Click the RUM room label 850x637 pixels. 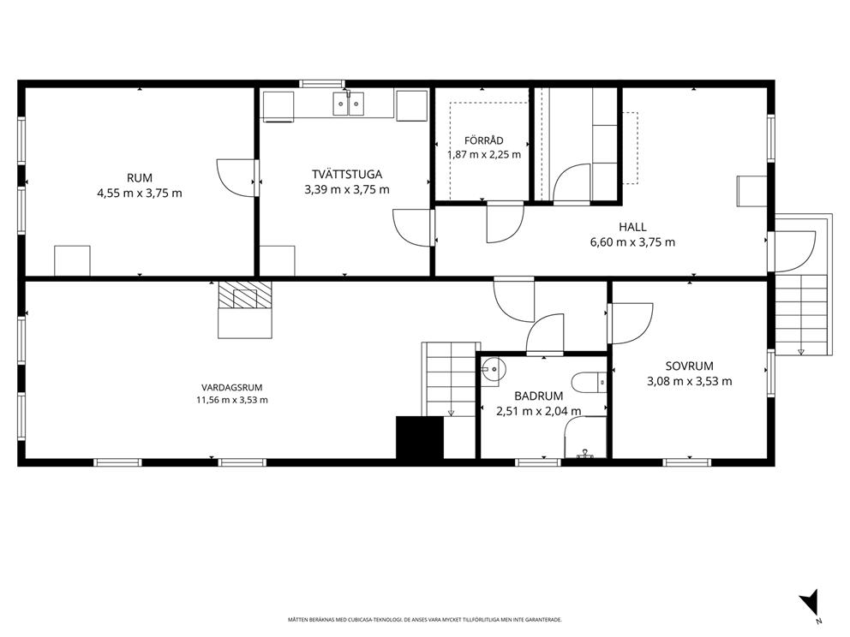[x=140, y=178]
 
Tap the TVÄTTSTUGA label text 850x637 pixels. [x=347, y=174]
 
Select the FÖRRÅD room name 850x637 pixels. [x=483, y=140]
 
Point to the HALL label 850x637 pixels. [x=632, y=227]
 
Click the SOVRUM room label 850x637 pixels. [x=690, y=366]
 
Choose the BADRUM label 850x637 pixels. [x=539, y=396]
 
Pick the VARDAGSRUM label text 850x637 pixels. [x=232, y=387]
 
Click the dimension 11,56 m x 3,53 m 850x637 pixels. [x=232, y=401]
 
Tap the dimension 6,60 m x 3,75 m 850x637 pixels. [x=632, y=242]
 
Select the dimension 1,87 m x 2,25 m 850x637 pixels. [x=483, y=154]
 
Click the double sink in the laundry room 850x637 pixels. [x=348, y=104]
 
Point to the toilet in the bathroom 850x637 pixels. [x=592, y=383]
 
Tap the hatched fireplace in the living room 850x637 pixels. [x=244, y=295]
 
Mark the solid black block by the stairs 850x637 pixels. [x=420, y=438]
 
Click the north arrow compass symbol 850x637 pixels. [x=810, y=603]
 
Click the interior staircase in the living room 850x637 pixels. [x=451, y=379]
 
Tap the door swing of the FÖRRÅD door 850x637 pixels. [x=506, y=222]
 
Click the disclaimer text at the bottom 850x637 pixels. [x=424, y=619]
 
